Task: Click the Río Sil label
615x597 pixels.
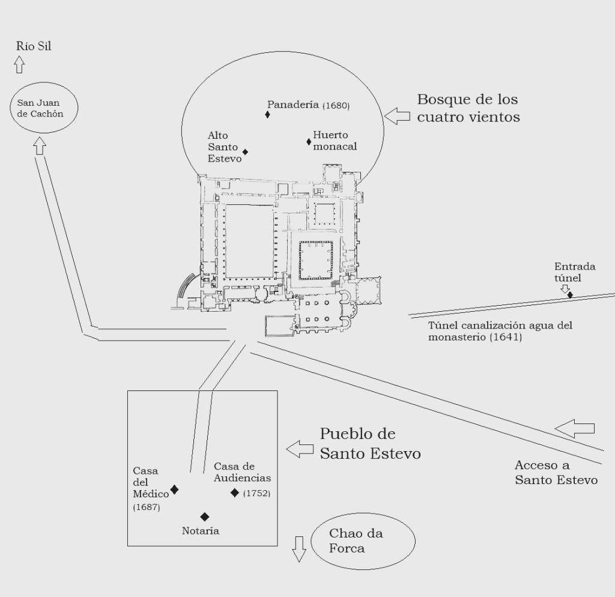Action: (34, 46)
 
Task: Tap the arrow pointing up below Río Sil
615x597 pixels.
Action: (19, 65)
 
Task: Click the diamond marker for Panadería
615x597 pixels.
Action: (267, 115)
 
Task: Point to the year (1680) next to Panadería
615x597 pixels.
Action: (336, 106)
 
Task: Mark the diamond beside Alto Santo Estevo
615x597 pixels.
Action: (245, 152)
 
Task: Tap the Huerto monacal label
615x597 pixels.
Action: (335, 141)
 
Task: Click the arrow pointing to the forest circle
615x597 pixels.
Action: (397, 116)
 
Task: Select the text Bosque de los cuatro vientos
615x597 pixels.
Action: (468, 108)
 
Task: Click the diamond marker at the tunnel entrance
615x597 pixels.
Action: (570, 294)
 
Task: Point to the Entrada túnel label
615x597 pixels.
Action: (575, 272)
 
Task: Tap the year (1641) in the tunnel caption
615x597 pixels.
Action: (506, 337)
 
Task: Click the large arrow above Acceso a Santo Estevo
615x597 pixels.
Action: (575, 429)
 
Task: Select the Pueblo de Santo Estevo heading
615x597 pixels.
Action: (370, 443)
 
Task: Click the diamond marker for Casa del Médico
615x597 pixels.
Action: (175, 489)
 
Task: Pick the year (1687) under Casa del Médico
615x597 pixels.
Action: (147, 507)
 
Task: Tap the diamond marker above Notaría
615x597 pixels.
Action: (205, 517)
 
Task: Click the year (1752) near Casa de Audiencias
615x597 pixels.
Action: (257, 493)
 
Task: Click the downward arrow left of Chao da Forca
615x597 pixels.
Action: (299, 549)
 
